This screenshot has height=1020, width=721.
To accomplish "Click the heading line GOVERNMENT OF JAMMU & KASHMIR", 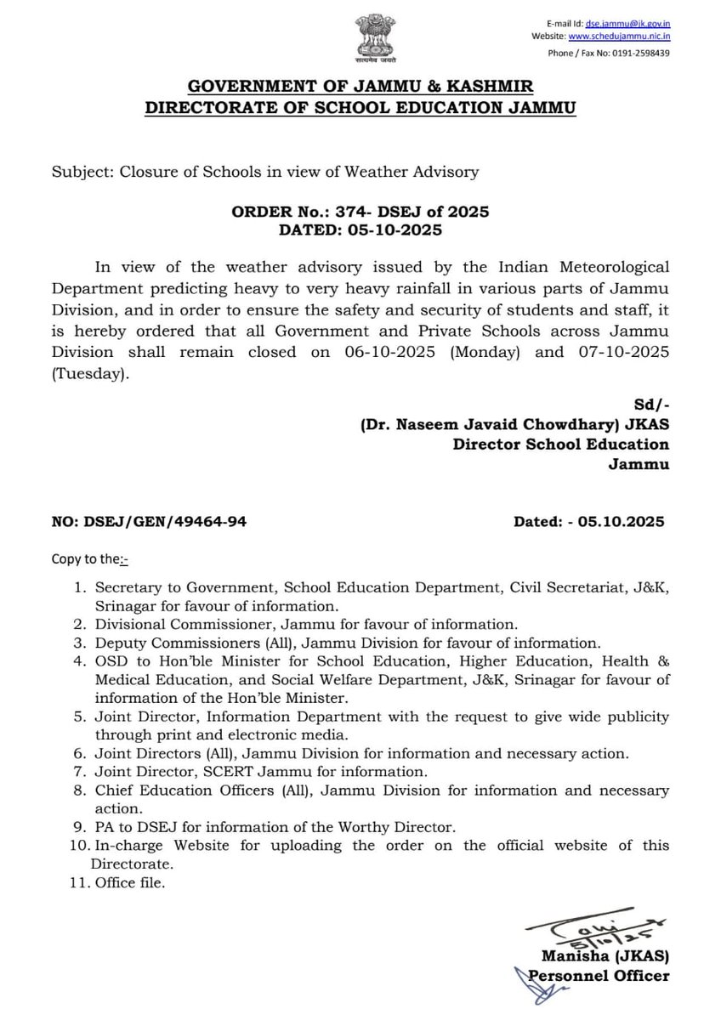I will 360,88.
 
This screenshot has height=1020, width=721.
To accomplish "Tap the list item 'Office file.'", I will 130,883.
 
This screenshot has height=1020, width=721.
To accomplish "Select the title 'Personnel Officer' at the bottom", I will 599,976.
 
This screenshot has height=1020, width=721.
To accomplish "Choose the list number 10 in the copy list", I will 80,845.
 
